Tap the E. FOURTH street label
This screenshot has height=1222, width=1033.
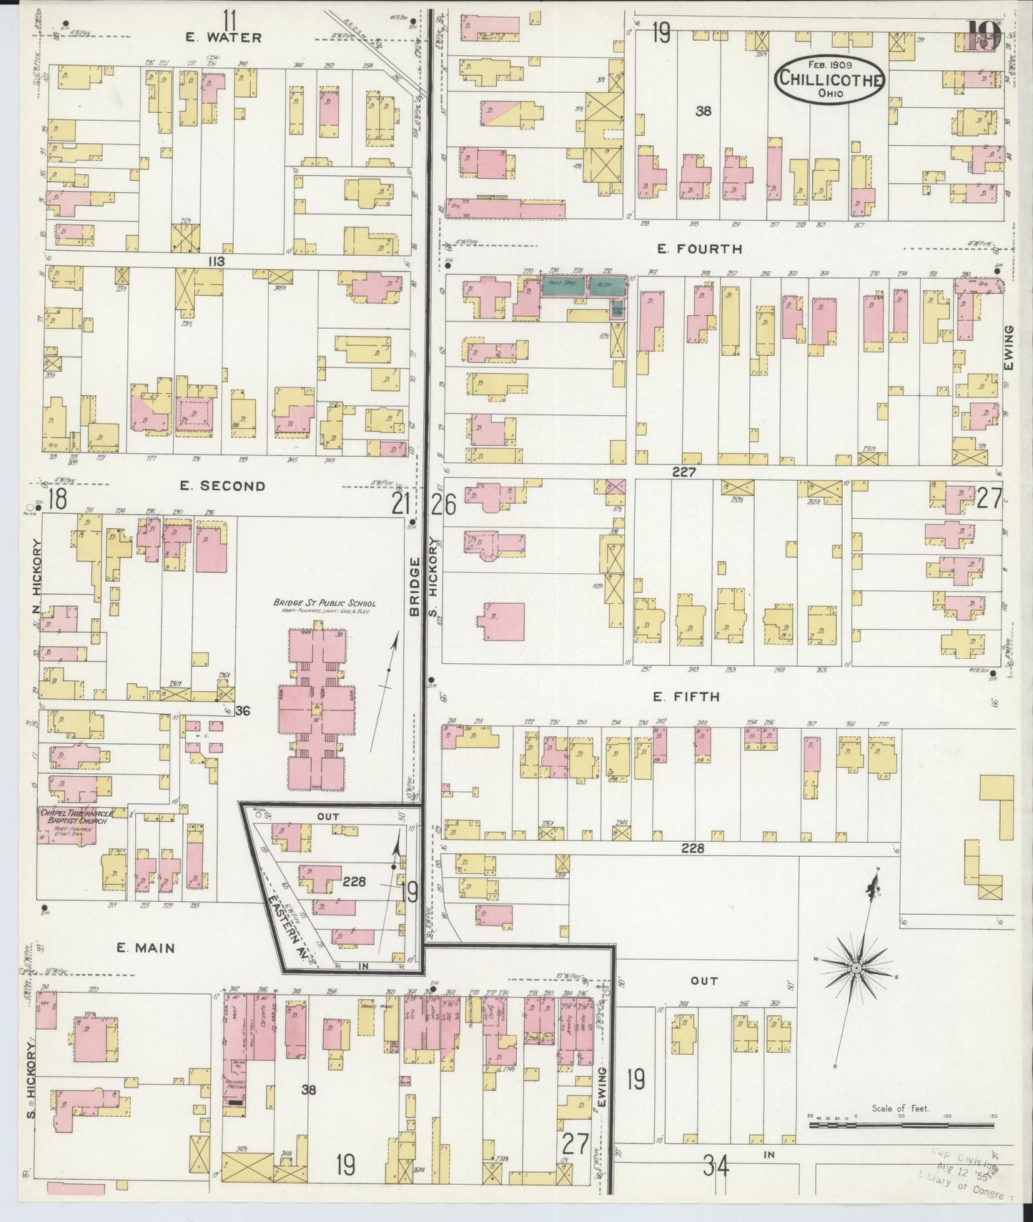click(699, 249)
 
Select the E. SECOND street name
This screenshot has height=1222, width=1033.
click(222, 486)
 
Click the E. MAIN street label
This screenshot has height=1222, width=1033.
click(146, 948)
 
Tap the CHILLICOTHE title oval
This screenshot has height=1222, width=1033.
click(830, 79)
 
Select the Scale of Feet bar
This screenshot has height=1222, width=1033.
click(901, 1125)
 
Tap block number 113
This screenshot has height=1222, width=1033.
click(216, 262)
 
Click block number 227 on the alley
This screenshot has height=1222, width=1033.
click(683, 472)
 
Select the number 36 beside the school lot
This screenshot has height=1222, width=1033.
click(242, 710)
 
